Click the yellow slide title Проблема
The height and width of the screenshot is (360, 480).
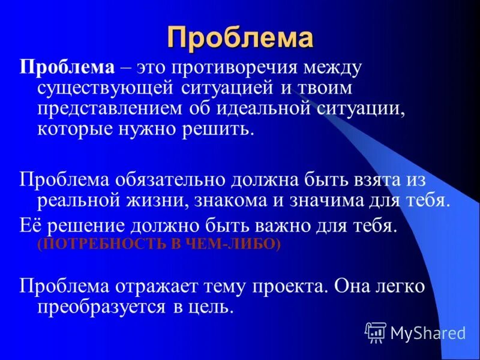pos(240,37)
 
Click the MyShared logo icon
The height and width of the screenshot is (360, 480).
pos(376,331)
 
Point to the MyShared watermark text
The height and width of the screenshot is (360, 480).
pos(428,332)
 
